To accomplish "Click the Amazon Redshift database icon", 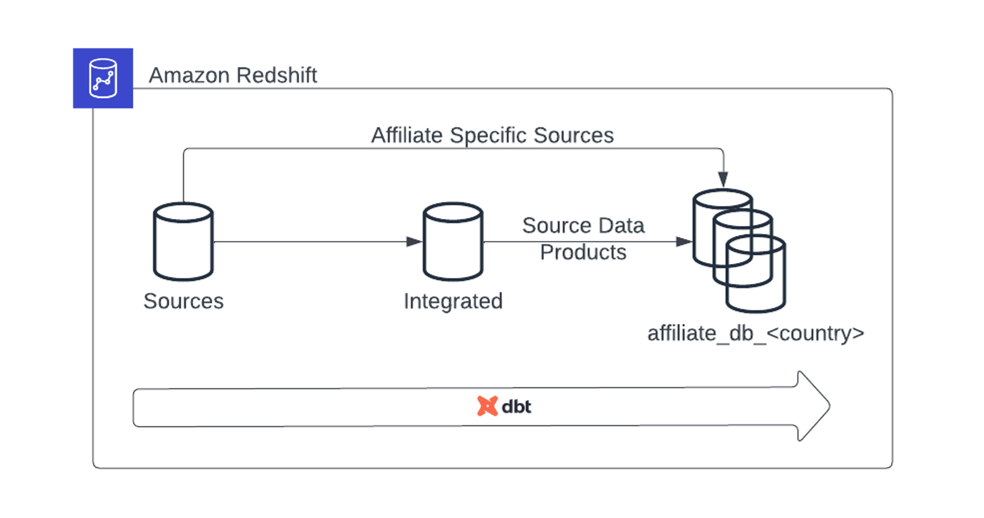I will tap(103, 79).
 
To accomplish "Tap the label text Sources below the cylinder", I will tap(184, 301).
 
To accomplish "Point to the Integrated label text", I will tap(453, 301).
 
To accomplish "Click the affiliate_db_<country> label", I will tap(756, 333).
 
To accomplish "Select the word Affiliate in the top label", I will tap(407, 135).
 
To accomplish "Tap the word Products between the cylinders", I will tap(583, 252).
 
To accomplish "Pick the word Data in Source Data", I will tap(621, 226).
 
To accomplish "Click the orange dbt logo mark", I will tap(487, 406).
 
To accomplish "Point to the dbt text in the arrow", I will tap(516, 407).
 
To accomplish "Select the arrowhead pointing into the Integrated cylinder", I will tap(414, 242).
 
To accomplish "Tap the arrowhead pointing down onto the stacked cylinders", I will tap(723, 179).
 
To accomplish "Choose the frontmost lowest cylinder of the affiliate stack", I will tap(756, 286).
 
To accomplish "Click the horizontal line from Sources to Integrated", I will tap(310, 242).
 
